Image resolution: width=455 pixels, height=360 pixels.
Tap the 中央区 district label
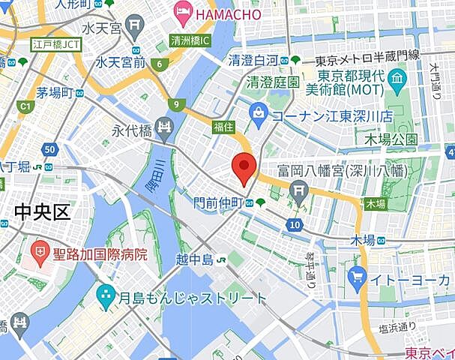[x=41, y=212]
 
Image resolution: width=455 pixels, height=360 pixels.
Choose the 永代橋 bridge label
[x=131, y=130]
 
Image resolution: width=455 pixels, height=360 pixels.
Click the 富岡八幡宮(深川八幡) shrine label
[x=341, y=171]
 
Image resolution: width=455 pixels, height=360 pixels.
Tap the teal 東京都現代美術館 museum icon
[x=397, y=78]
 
